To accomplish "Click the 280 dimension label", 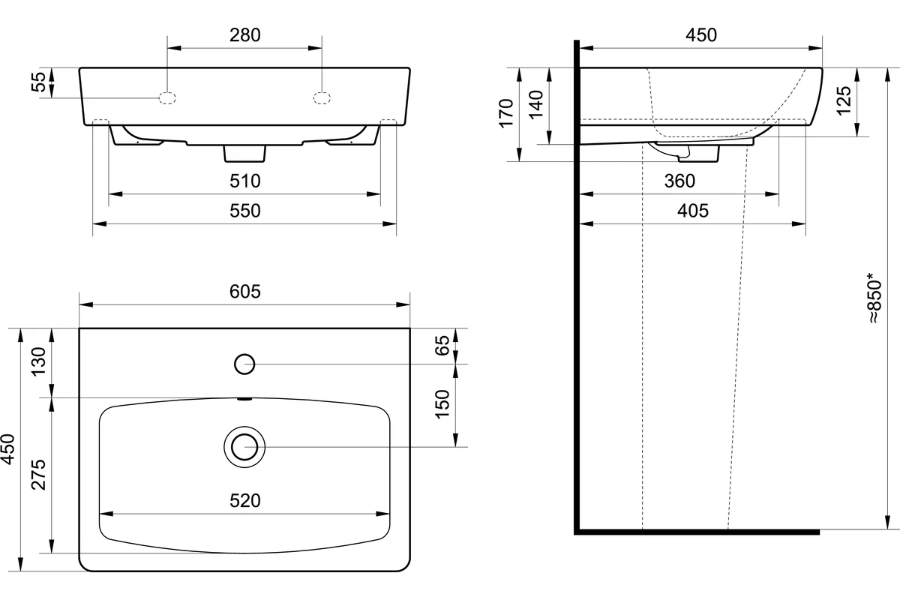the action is point(245,35).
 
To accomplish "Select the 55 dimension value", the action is point(39,82).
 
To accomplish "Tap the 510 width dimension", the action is point(245,181).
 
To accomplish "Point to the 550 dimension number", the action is point(245,211).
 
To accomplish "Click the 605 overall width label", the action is point(245,292).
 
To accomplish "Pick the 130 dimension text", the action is point(39,361).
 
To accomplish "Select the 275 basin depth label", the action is point(39,475).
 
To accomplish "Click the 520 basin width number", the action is point(245,501).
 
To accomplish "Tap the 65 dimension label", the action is point(442,346).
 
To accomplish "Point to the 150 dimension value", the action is point(442,404).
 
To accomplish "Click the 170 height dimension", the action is point(506,113).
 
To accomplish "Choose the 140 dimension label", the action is point(536,105).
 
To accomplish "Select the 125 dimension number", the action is point(844,100).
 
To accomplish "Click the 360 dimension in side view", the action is point(679,181).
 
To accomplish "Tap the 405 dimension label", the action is point(693,211).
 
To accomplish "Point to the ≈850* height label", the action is point(874,298).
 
